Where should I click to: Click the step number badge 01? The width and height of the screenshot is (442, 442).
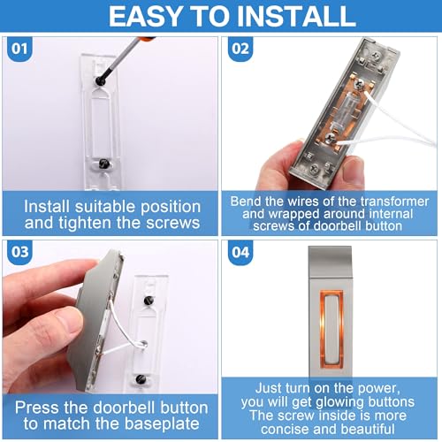[x=19, y=49]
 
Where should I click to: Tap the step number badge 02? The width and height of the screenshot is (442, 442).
[x=240, y=49]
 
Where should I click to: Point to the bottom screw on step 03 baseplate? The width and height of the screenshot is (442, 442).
[x=141, y=378]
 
